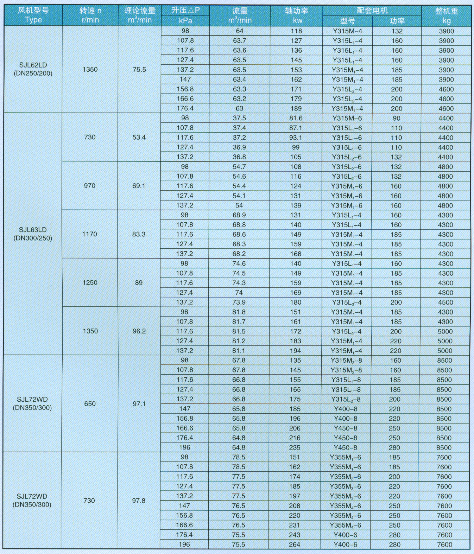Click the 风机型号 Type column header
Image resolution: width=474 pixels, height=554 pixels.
tap(33, 15)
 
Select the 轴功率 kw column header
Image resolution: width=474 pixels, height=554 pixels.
tap(296, 15)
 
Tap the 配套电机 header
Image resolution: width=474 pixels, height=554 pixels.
tap(372, 11)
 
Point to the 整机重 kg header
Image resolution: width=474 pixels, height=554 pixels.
tap(446, 15)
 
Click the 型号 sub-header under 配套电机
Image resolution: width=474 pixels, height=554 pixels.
tap(347, 21)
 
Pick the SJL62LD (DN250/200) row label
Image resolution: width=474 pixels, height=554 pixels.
tap(33, 69)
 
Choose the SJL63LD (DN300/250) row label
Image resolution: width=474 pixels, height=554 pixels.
tap(33, 234)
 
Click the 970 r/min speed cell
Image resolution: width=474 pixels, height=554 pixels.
tap(90, 186)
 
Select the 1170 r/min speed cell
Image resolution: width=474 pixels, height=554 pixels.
tap(90, 234)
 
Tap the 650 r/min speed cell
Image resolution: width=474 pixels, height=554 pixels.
tap(90, 404)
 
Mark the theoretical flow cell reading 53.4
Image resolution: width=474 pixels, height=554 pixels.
tap(139, 137)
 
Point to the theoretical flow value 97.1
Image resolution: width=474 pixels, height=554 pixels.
tap(139, 404)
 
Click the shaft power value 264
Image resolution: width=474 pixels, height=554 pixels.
tap(295, 545)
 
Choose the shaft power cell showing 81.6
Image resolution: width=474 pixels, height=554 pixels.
tap(296, 118)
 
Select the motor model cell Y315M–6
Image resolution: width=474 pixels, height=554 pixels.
tap(347, 118)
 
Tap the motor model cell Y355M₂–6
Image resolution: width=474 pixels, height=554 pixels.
tap(345, 477)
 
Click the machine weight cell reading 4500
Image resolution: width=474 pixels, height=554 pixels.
tap(445, 303)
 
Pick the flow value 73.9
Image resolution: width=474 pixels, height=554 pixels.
tap(239, 303)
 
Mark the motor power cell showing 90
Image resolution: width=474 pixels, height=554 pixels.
tap(396, 118)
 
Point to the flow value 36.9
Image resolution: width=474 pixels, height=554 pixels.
tap(239, 147)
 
